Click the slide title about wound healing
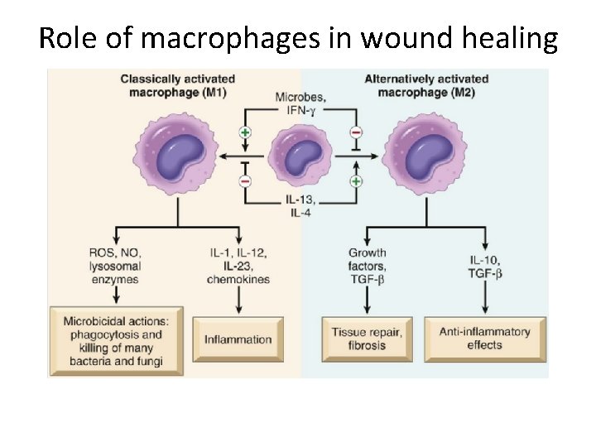pos(298,37)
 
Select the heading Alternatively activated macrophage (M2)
pos(426,85)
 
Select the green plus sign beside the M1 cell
pos(244,132)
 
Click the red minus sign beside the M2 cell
pos(357,132)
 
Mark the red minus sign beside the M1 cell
pos(244,180)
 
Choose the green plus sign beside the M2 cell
pos(357,180)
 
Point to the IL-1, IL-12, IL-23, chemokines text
pos(238,266)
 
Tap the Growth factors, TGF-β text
pos(368,266)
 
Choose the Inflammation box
pos(238,339)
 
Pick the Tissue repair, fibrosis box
pos(367,339)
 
